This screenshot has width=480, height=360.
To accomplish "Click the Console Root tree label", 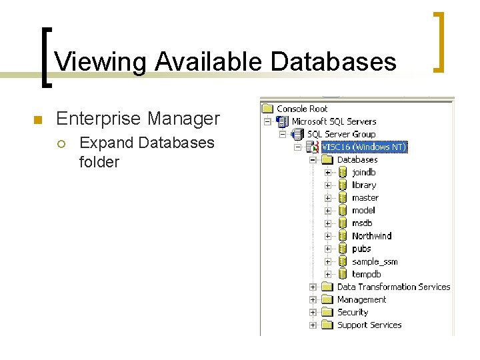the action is click(x=302, y=109).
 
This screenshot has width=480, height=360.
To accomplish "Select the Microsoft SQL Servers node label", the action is click(x=333, y=121).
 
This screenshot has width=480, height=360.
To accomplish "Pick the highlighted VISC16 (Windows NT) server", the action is click(x=363, y=147).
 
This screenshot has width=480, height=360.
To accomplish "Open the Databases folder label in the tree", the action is click(x=357, y=159).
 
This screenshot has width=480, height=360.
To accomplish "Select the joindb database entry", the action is click(x=363, y=172).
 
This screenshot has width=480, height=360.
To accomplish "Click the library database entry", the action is click(x=364, y=185).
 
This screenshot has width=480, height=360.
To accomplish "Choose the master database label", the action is click(x=365, y=197).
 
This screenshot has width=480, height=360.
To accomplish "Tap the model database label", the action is click(x=363, y=210).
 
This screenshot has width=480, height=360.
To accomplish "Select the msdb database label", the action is click(x=362, y=223).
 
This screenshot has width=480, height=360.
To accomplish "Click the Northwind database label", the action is click(x=371, y=235).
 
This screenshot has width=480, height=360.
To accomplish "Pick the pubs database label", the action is click(x=361, y=249).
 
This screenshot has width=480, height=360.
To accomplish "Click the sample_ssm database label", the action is click(x=374, y=261).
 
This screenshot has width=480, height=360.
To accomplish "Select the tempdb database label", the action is click(x=366, y=274).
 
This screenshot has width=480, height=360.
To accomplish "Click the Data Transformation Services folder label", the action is click(x=393, y=287).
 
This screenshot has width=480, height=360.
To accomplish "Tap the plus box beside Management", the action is click(x=313, y=300).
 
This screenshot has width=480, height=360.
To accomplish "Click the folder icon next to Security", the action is click(x=327, y=312).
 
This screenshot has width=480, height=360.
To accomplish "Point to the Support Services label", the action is click(x=369, y=325).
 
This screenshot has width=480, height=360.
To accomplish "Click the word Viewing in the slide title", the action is click(x=101, y=62).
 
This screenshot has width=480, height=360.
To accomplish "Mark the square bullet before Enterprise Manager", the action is click(x=37, y=120).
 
